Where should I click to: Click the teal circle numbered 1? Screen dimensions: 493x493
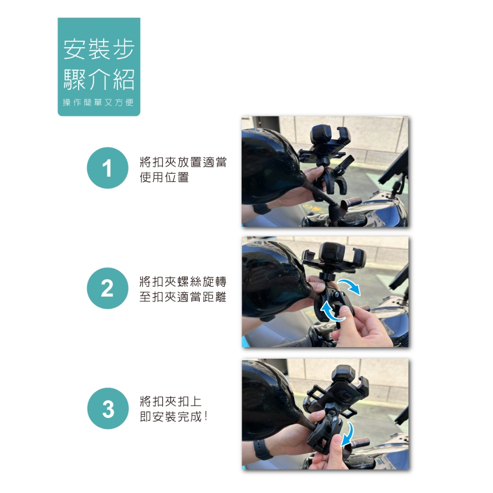[107, 168]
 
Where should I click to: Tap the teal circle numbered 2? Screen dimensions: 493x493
[107, 288]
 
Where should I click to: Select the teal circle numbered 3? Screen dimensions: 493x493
[108, 408]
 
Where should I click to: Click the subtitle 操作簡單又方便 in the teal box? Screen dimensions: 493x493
[98, 102]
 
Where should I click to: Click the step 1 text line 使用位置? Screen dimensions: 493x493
[164, 177]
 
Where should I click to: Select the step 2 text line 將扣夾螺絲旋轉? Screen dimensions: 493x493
[183, 281]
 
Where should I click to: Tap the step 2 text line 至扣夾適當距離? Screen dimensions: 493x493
[183, 297]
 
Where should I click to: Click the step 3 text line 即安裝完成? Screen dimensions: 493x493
[173, 417]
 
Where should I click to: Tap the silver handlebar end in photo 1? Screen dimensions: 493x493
[353, 201]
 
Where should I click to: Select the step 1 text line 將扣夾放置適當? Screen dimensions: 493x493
[183, 162]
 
